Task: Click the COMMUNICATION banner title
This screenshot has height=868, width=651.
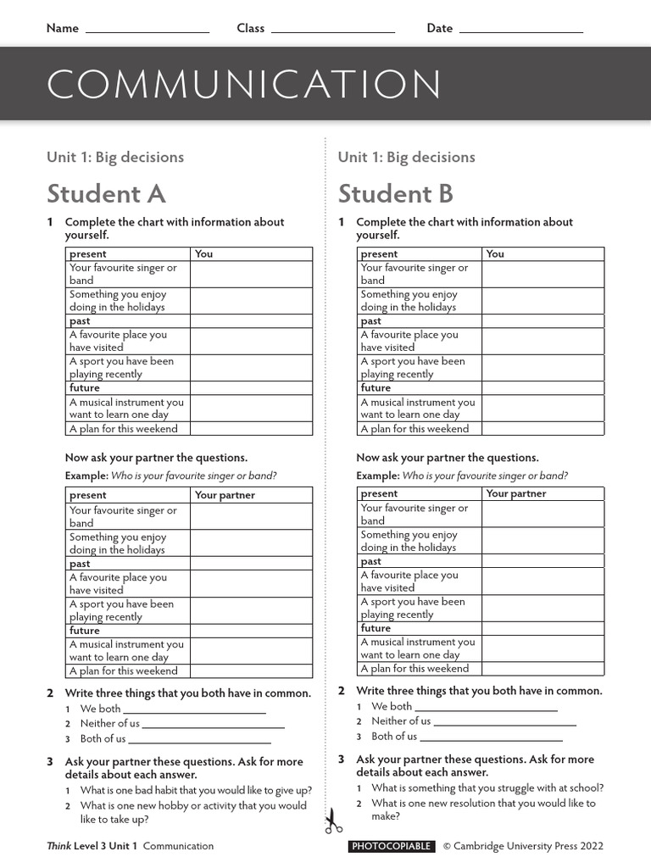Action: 244,85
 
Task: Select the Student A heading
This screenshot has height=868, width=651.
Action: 106,194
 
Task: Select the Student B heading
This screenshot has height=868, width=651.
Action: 396,194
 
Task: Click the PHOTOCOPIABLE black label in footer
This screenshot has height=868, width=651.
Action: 392,846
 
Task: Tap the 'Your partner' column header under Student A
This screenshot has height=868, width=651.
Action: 225,495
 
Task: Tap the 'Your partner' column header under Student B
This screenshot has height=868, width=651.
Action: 515,493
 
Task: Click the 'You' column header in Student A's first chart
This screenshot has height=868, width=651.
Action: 204,253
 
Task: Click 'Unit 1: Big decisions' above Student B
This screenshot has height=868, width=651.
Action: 406,157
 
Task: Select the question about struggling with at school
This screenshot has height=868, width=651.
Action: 487,788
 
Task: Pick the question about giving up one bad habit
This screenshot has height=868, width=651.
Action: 196,791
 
